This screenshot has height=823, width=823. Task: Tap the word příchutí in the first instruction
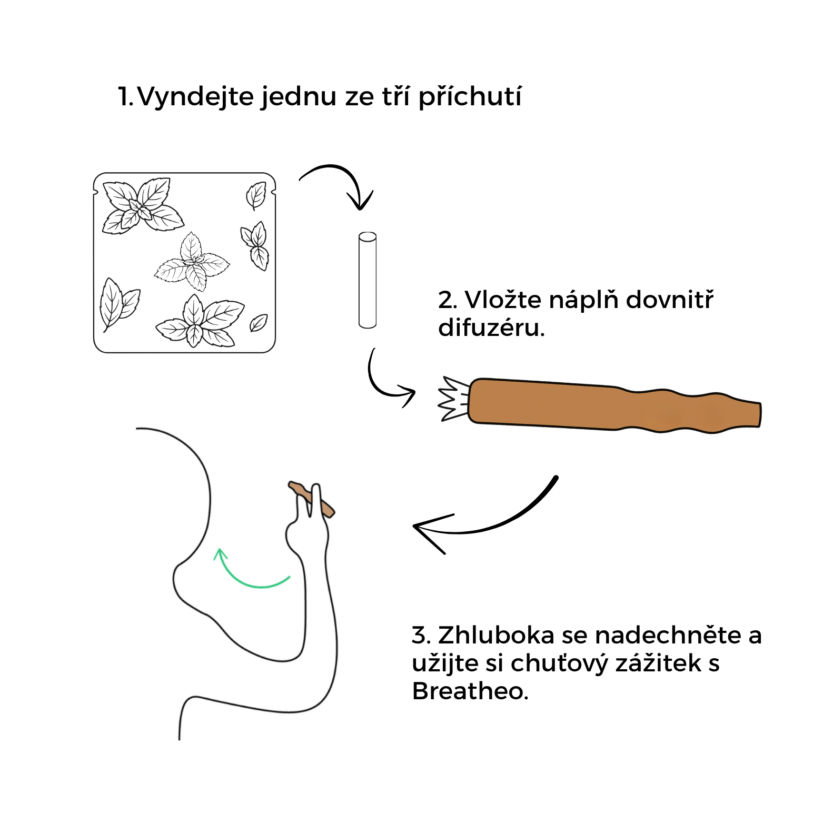coord(470,97)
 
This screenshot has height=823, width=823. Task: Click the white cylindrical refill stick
coord(368,280)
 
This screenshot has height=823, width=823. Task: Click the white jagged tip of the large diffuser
coord(453,399)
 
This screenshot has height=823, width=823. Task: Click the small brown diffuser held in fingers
coord(311,499)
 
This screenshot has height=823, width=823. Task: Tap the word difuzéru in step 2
coord(491,328)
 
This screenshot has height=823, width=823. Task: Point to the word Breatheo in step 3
coord(470,691)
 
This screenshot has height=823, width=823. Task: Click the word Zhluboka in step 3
coord(497,635)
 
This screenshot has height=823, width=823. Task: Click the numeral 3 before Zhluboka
coord(419,636)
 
